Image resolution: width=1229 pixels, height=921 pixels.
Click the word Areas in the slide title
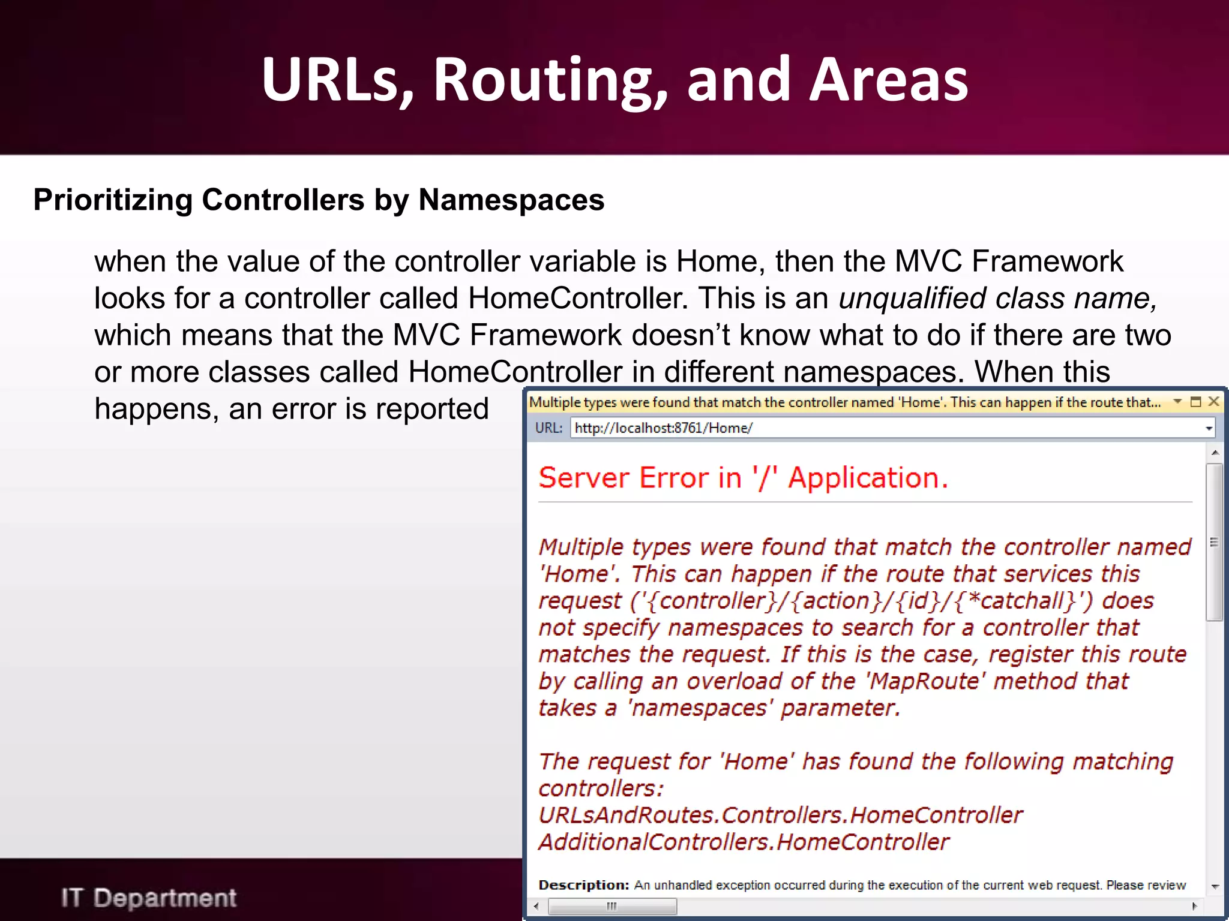click(888, 80)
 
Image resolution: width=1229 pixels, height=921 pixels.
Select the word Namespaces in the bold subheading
click(511, 200)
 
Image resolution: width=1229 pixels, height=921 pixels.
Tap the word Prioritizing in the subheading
click(113, 200)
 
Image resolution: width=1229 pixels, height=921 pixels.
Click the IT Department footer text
click(149, 898)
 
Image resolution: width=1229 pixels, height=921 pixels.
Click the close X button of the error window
click(1213, 402)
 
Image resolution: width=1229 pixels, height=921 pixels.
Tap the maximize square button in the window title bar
click(1195, 402)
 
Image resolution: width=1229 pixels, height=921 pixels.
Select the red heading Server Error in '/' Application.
click(743, 478)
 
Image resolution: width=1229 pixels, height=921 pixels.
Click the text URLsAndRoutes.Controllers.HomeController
click(780, 815)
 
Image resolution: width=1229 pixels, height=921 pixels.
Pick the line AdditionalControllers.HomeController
click(744, 842)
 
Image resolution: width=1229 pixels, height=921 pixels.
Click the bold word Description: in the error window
click(583, 885)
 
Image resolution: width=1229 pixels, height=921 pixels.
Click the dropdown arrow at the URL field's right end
click(1209, 428)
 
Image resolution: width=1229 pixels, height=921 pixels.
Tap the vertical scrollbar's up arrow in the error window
click(1215, 453)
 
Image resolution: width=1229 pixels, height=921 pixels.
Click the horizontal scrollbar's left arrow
click(536, 906)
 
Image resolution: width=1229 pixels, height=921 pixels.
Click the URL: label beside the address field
click(548, 428)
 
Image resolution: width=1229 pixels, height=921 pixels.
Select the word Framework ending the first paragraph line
click(1047, 261)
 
